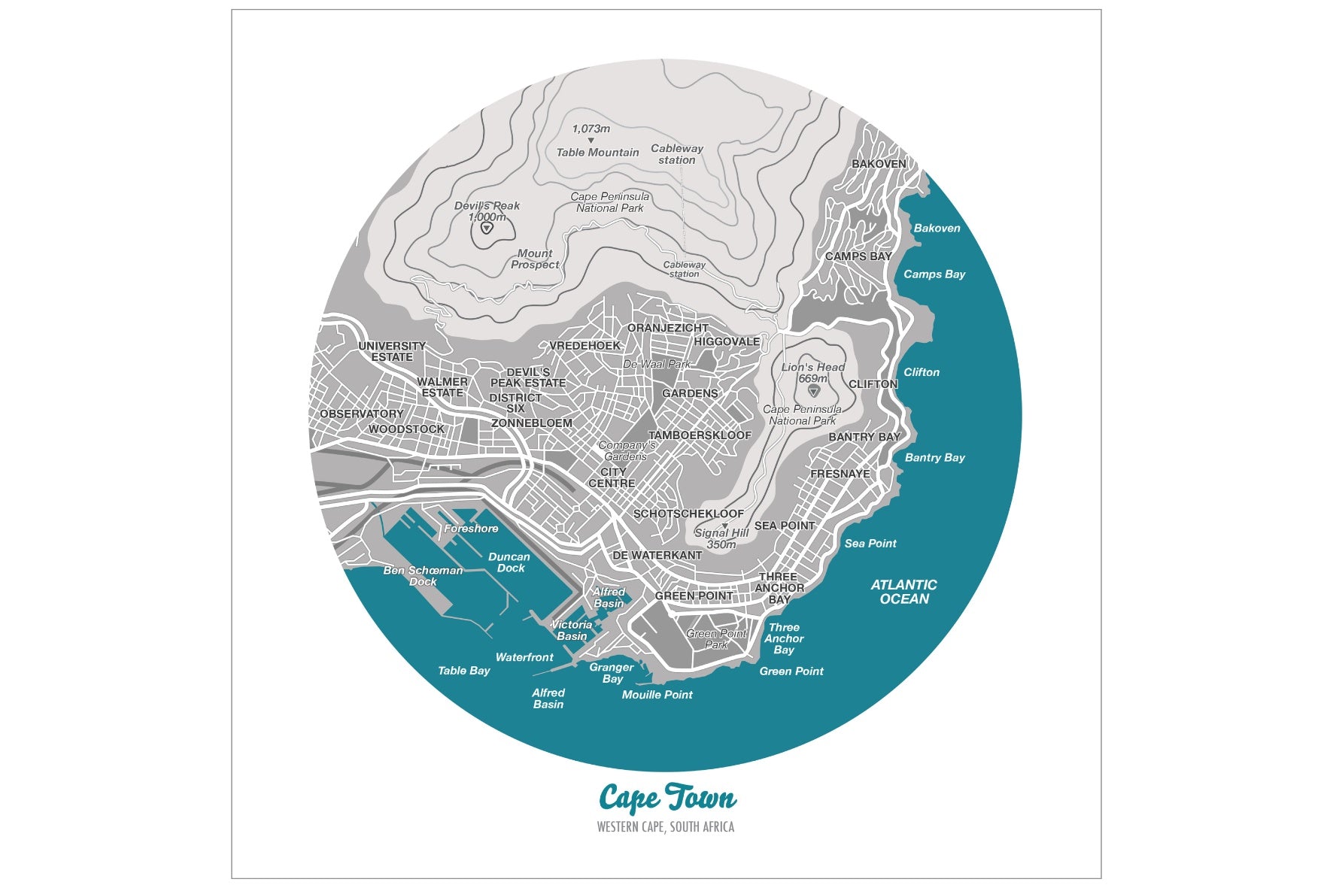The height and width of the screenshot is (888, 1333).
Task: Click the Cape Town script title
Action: click(666, 799)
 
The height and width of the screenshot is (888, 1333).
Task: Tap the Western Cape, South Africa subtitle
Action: click(665, 827)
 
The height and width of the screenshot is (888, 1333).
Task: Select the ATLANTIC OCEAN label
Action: click(903, 592)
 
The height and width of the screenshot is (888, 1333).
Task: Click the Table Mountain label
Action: click(597, 153)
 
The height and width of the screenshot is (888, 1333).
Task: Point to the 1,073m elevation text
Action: click(591, 129)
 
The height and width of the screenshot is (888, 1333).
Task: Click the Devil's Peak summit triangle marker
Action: click(487, 228)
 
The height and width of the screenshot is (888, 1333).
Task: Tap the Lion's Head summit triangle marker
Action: click(812, 391)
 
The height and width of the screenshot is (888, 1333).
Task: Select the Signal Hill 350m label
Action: click(721, 538)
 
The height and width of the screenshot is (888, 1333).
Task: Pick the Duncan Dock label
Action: click(509, 562)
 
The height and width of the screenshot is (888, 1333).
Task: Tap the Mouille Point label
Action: click(657, 695)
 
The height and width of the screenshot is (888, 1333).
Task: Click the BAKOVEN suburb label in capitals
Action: click(879, 164)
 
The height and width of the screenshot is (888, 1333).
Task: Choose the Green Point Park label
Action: click(715, 639)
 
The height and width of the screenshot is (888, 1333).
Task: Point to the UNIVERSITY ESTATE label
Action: click(392, 351)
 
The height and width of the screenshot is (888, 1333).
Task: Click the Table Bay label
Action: click(463, 671)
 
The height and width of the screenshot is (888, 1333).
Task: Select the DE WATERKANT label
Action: click(657, 556)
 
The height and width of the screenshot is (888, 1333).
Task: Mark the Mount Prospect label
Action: click(535, 259)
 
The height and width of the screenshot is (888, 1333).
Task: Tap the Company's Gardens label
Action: click(626, 450)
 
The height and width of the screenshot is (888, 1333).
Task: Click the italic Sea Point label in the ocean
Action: click(870, 544)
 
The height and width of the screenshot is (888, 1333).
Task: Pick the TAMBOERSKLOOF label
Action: click(700, 435)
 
